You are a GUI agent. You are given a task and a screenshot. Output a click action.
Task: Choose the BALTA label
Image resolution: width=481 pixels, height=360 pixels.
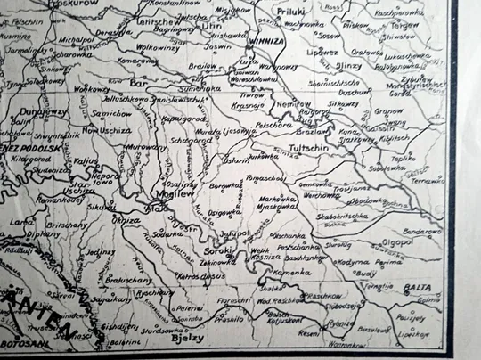tap(415, 289)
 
